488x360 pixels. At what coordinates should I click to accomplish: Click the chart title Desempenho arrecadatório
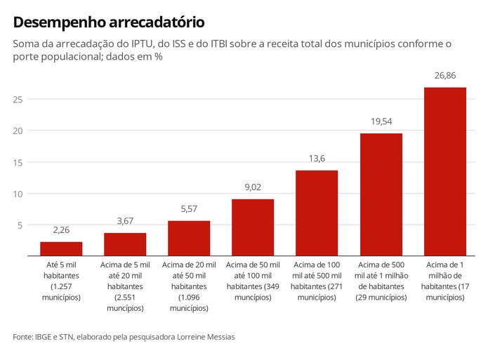109,22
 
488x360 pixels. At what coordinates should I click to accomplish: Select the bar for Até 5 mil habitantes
61,249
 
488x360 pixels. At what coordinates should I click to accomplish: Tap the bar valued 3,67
125,244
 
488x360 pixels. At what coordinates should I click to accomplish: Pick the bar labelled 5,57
189,239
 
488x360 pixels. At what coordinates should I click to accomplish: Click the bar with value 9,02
253,227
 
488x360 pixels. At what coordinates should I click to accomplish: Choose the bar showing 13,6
317,213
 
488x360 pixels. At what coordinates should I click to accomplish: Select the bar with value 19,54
381,194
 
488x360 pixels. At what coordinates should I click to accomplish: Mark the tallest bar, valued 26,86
445,171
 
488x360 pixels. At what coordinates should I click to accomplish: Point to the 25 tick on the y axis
18,100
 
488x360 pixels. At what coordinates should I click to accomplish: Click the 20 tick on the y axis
18,131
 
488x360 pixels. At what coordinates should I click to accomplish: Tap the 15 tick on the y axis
18,163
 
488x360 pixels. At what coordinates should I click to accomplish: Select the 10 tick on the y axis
18,194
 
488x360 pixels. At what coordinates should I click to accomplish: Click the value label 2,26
61,229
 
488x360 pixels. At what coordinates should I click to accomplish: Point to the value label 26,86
445,75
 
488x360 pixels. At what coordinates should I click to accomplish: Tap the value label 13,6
317,159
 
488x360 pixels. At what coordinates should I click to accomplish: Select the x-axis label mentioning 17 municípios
445,281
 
